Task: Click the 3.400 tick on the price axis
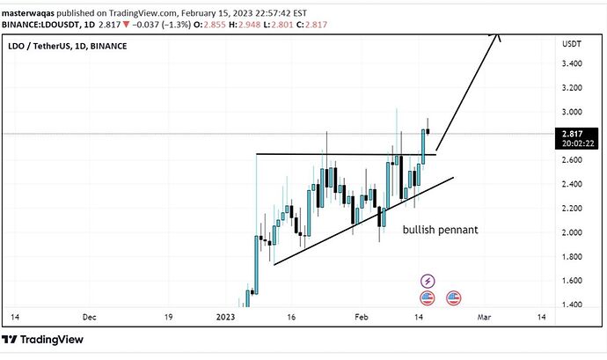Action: pos(573,63)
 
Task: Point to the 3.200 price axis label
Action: pos(573,88)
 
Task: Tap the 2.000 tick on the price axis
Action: pos(573,232)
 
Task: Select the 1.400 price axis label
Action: pos(573,305)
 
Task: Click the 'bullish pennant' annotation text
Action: pos(440,230)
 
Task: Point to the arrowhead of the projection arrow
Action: pos(498,35)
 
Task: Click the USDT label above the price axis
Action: pos(572,44)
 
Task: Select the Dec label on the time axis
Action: pos(89,316)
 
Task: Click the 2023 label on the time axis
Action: pos(226,316)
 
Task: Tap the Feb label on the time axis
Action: pos(362,316)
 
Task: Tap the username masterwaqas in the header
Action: pos(31,13)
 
